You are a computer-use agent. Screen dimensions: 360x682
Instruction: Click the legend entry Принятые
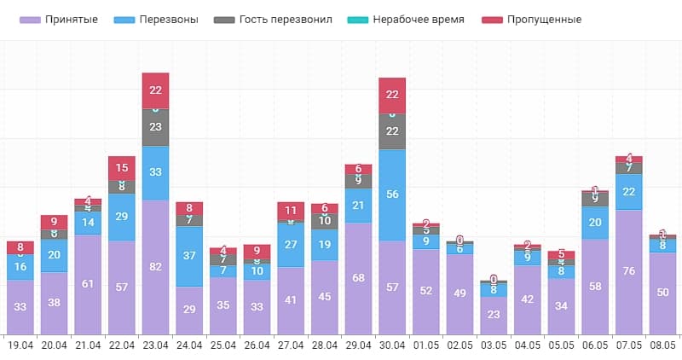tap(65, 20)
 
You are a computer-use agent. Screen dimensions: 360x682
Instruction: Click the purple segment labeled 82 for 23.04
tap(155, 266)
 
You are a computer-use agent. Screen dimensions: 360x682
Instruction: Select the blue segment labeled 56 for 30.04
tap(392, 195)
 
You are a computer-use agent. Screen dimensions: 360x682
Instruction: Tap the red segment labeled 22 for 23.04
tap(155, 90)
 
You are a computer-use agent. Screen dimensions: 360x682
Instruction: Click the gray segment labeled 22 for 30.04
tap(392, 131)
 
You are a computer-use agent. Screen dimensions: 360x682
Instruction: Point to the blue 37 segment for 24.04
tap(189, 256)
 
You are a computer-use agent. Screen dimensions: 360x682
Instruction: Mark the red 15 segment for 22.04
tap(122, 168)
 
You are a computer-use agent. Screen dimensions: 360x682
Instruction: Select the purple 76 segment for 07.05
tap(629, 271)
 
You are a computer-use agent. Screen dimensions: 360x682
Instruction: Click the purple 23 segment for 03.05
tap(494, 314)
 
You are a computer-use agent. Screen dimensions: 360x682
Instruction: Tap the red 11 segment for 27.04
tap(291, 210)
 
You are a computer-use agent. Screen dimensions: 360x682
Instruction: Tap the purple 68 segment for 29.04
tap(359, 277)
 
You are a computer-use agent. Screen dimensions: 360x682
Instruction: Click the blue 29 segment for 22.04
tap(122, 217)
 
